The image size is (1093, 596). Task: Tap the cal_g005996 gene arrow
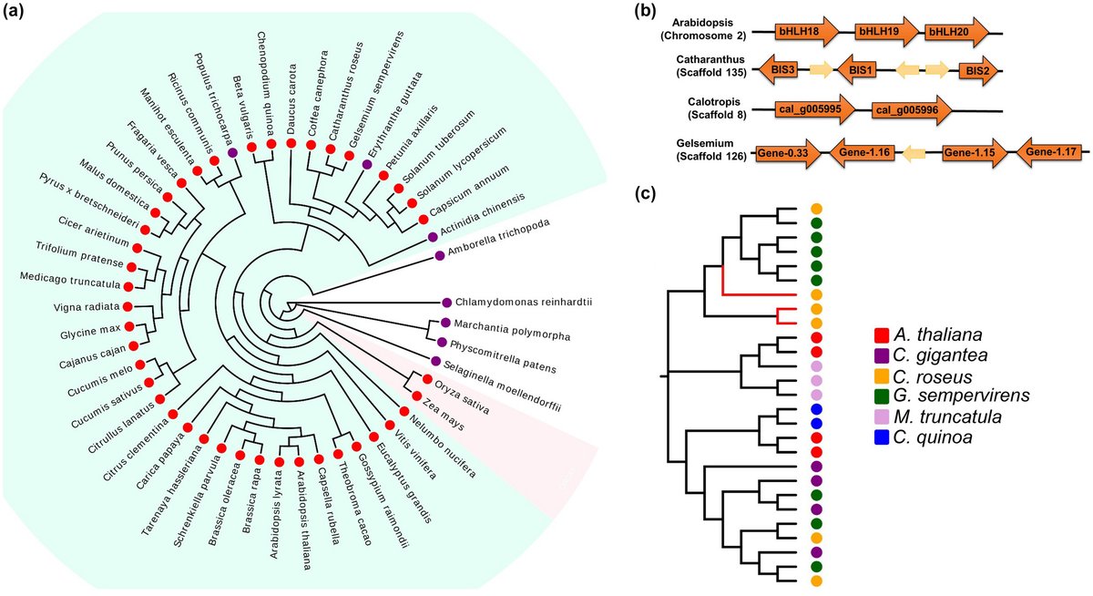click(911, 110)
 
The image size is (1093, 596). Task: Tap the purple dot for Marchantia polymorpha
click(445, 323)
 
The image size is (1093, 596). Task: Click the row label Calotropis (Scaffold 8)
click(709, 109)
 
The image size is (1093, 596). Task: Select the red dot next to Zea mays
click(416, 397)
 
